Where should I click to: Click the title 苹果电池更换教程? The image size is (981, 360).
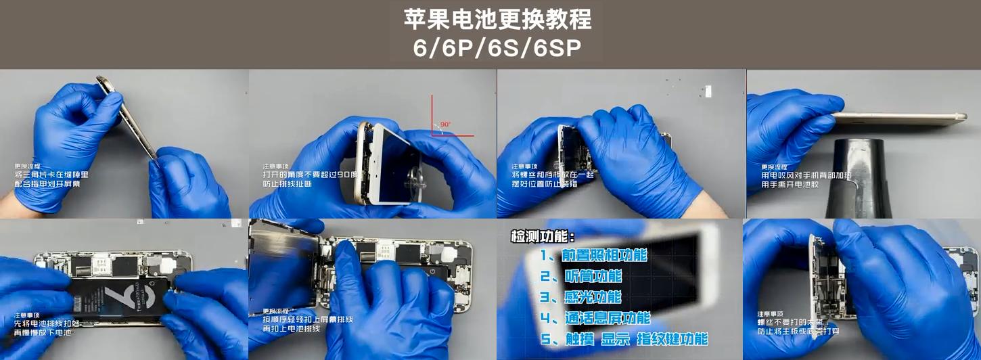pos(497,20)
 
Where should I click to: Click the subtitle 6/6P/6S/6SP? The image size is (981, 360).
pos(497,48)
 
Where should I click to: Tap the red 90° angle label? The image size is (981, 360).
pos(445,125)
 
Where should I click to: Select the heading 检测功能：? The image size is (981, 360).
pos(543,237)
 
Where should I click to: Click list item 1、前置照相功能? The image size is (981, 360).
pos(593,255)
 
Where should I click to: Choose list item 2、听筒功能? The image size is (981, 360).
pos(581,276)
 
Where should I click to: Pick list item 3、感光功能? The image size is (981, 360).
pos(580,297)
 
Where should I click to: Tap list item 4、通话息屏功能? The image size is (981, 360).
pos(595,318)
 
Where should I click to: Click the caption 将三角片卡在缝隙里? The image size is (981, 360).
pos(51,175)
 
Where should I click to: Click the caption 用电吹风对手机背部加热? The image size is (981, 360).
pos(806,175)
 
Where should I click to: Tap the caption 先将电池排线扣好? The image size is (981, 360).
pos(47,323)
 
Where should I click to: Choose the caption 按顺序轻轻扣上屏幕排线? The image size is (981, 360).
pos(308,319)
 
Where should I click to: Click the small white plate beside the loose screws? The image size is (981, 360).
pos(708,91)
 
